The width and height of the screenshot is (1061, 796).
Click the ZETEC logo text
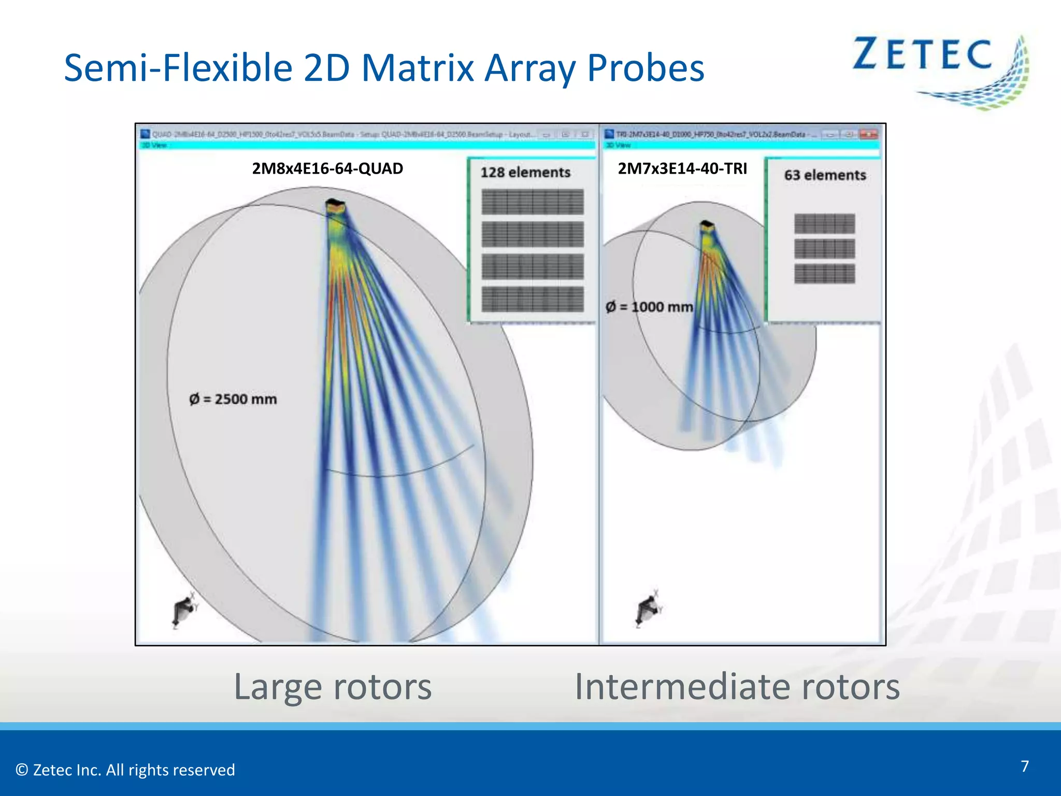[922, 54]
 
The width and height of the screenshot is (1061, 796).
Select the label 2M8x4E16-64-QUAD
[327, 168]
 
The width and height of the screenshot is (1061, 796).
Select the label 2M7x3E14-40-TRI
[682, 168]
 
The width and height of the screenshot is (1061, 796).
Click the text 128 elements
[525, 173]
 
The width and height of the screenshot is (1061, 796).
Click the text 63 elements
[825, 175]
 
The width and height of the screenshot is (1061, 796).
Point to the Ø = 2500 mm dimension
[233, 399]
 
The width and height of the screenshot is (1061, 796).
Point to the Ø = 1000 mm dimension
[650, 307]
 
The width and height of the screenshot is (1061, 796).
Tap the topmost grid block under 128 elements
[533, 202]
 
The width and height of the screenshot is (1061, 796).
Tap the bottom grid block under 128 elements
[533, 299]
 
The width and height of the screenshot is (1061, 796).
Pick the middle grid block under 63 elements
[825, 249]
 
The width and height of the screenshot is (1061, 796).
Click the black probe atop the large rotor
[335, 205]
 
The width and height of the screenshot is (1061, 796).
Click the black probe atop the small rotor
[707, 226]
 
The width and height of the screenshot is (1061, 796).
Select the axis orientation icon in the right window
[647, 608]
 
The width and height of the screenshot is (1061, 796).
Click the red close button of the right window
[868, 135]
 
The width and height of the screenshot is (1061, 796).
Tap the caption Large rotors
[333, 687]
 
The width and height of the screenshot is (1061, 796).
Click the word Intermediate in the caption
[682, 687]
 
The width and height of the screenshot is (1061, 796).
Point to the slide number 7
[1024, 766]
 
